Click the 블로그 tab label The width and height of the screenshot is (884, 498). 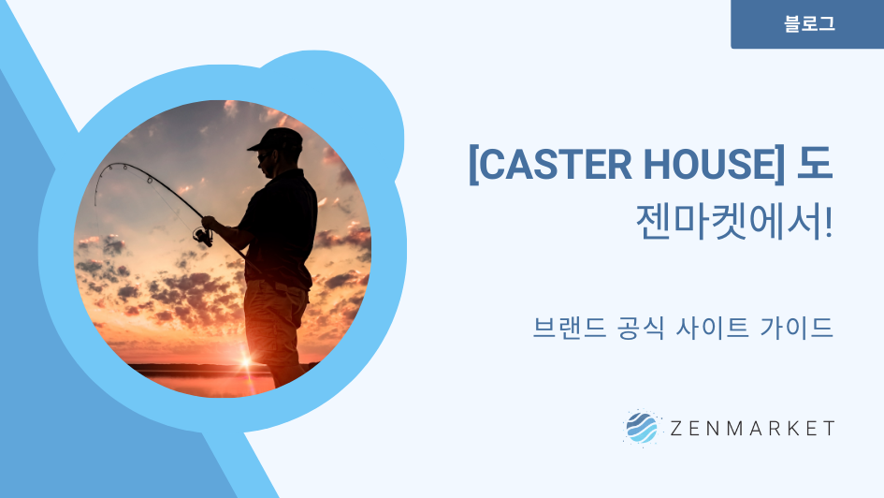809,23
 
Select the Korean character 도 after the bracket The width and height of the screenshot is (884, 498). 815,164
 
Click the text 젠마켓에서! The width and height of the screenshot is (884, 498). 734,222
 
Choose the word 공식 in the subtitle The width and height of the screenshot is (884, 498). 641,328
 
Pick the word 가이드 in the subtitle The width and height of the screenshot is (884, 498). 797,328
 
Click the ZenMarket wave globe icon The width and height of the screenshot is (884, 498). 642,428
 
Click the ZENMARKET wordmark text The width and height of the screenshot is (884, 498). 752,429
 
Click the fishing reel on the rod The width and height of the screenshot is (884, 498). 203,236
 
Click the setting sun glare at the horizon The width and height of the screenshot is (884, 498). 246,362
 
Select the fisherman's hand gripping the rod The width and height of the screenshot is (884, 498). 210,223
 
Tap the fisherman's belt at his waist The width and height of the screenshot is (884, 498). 281,285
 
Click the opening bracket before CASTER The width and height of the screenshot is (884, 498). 473,165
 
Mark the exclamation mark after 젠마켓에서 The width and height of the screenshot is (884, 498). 828,222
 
